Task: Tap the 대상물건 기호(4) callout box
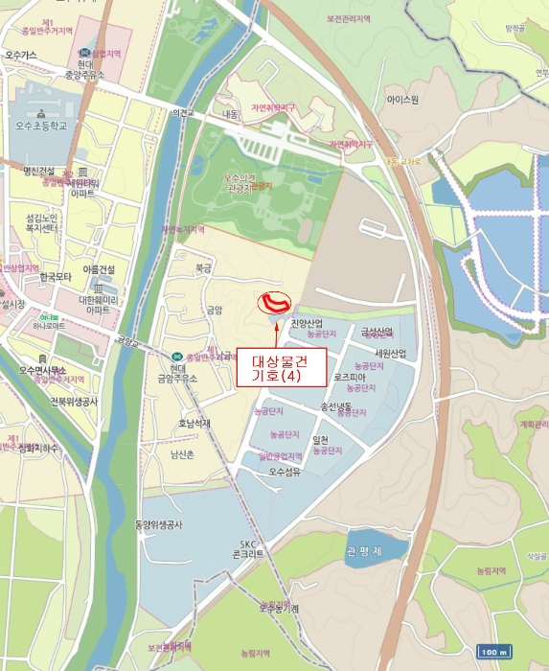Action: pos(282,367)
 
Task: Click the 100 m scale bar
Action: pos(492,652)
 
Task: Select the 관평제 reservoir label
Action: pos(363,551)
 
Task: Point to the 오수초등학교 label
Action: pos(41,126)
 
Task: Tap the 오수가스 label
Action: pos(20,56)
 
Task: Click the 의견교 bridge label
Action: pos(183,113)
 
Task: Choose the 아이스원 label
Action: pos(402,99)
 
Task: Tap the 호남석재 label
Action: pos(194,423)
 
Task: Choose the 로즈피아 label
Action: pos(351,378)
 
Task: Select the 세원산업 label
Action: pos(391,354)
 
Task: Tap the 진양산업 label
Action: pos(309,323)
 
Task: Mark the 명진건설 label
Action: pos(41,172)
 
